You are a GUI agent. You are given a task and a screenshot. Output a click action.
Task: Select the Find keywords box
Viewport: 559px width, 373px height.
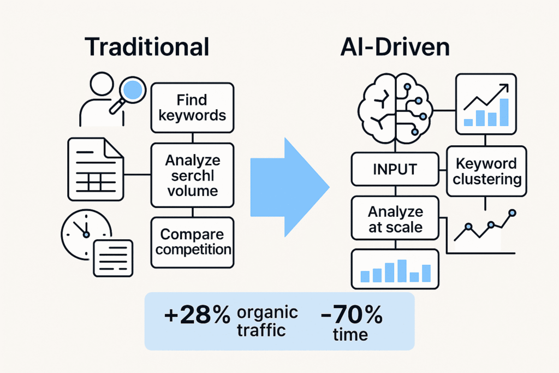192,108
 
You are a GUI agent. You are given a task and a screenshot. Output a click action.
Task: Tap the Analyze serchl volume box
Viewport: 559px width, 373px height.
192,175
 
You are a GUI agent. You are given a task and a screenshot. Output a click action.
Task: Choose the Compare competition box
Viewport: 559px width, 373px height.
192,242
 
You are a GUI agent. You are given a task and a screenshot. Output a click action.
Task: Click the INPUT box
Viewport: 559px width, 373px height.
394,169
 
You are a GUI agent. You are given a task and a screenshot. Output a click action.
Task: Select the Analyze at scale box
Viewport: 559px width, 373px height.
395,219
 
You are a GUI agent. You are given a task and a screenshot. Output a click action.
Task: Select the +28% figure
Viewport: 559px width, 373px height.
197,316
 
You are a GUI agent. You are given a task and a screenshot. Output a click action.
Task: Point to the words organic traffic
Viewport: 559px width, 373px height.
267,321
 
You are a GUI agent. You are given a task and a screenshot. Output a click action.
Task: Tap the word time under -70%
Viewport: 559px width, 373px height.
350,335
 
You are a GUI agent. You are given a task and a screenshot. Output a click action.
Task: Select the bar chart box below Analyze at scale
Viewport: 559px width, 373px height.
394,269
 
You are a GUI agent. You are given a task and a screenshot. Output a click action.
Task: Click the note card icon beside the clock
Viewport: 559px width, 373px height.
113,258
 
